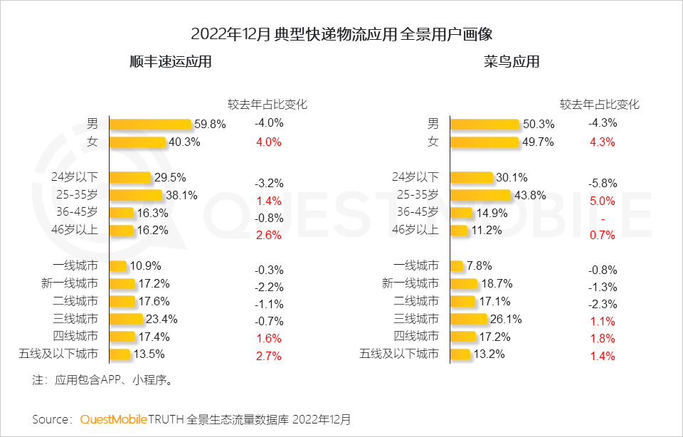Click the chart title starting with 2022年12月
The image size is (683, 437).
coord(341,33)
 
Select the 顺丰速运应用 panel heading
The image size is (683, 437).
coord(171,62)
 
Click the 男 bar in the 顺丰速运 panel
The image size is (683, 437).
coord(151,124)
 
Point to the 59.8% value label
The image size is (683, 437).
coord(211,124)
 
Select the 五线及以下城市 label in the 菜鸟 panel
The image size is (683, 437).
coord(399,354)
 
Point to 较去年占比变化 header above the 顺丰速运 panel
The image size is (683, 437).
coord(267,104)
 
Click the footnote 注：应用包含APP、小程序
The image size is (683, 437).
coord(104,380)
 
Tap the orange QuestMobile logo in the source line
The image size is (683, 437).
coord(113,419)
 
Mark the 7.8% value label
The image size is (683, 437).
coord(480,265)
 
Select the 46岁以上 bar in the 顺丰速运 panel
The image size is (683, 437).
coord(122,230)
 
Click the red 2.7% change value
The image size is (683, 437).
coord(269,356)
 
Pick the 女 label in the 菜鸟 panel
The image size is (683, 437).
coord(433,141)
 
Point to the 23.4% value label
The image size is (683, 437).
coord(163,318)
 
